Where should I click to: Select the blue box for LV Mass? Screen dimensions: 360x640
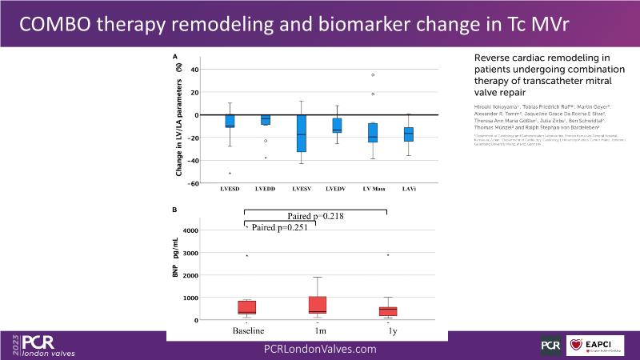click(373, 132)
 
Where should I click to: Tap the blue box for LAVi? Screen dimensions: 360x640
click(409, 134)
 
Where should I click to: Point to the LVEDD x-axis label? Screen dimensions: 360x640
click(266, 189)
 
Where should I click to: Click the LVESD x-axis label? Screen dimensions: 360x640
click(230, 189)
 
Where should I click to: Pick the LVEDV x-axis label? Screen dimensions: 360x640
click(337, 189)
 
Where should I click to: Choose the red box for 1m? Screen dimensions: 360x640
click(317, 305)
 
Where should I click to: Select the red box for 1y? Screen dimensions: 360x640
click(388, 311)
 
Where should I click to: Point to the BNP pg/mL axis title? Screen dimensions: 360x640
click(178, 265)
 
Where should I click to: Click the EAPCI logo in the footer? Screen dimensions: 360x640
click(593, 344)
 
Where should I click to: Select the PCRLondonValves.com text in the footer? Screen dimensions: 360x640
click(320, 349)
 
